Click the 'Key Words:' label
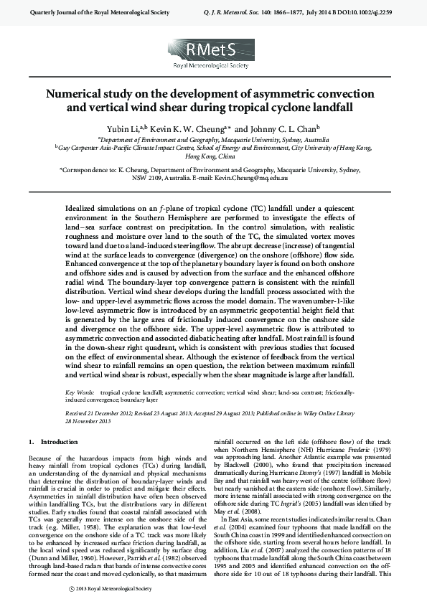(x=79, y=393)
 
